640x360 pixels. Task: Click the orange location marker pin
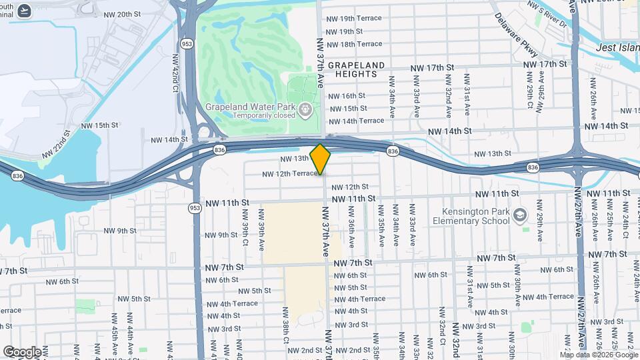coord(320,159)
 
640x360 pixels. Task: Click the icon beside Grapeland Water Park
coord(306,108)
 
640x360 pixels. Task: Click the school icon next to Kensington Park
coord(520,215)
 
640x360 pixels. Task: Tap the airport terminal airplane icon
coord(25,11)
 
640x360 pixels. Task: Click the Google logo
coord(21,351)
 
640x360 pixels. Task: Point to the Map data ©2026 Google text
coord(599,354)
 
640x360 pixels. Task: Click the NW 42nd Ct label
coord(175,69)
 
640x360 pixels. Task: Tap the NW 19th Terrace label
coord(354,19)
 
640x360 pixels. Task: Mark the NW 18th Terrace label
coord(354,44)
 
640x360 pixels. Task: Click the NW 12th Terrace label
coord(289,174)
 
